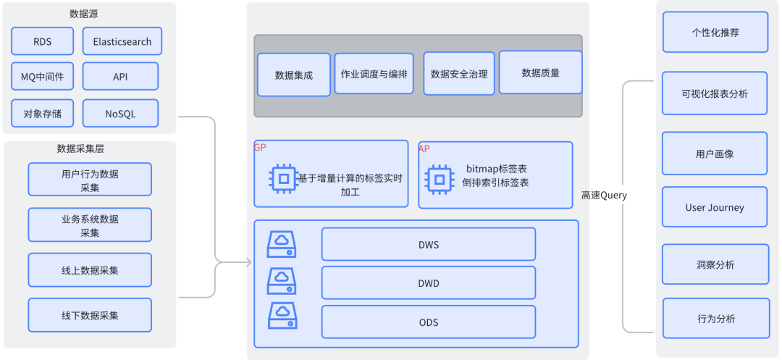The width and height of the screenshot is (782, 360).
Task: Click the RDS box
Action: click(x=42, y=41)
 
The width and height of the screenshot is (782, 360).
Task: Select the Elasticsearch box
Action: click(x=122, y=41)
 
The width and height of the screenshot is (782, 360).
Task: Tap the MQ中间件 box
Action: click(x=42, y=76)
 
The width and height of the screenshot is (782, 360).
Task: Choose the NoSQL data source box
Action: click(x=120, y=113)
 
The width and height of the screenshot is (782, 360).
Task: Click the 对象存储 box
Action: click(x=42, y=113)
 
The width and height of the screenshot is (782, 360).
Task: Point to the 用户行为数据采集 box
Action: click(x=90, y=180)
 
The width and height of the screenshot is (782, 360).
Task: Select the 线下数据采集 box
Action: click(x=90, y=315)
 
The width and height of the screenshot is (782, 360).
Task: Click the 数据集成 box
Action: click(x=293, y=75)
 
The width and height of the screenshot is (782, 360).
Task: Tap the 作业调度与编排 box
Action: click(x=374, y=74)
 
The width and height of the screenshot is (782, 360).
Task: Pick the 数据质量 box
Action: click(x=540, y=72)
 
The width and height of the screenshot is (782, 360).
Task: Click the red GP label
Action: click(x=260, y=148)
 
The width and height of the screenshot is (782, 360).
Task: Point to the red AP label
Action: click(x=424, y=148)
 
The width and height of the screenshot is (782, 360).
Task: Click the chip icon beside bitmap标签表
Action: click(x=439, y=178)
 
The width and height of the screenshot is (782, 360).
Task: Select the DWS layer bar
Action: click(x=428, y=244)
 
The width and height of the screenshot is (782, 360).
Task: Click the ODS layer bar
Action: click(x=428, y=322)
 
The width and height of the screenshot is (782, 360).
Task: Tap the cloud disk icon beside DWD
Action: click(x=282, y=280)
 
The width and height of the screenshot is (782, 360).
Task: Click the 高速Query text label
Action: click(x=604, y=196)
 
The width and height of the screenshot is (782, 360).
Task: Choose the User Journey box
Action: click(x=714, y=207)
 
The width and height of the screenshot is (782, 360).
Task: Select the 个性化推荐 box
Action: click(x=715, y=33)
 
